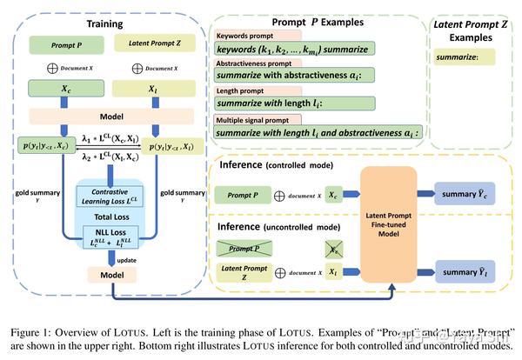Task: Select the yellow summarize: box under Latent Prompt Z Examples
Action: [463, 57]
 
